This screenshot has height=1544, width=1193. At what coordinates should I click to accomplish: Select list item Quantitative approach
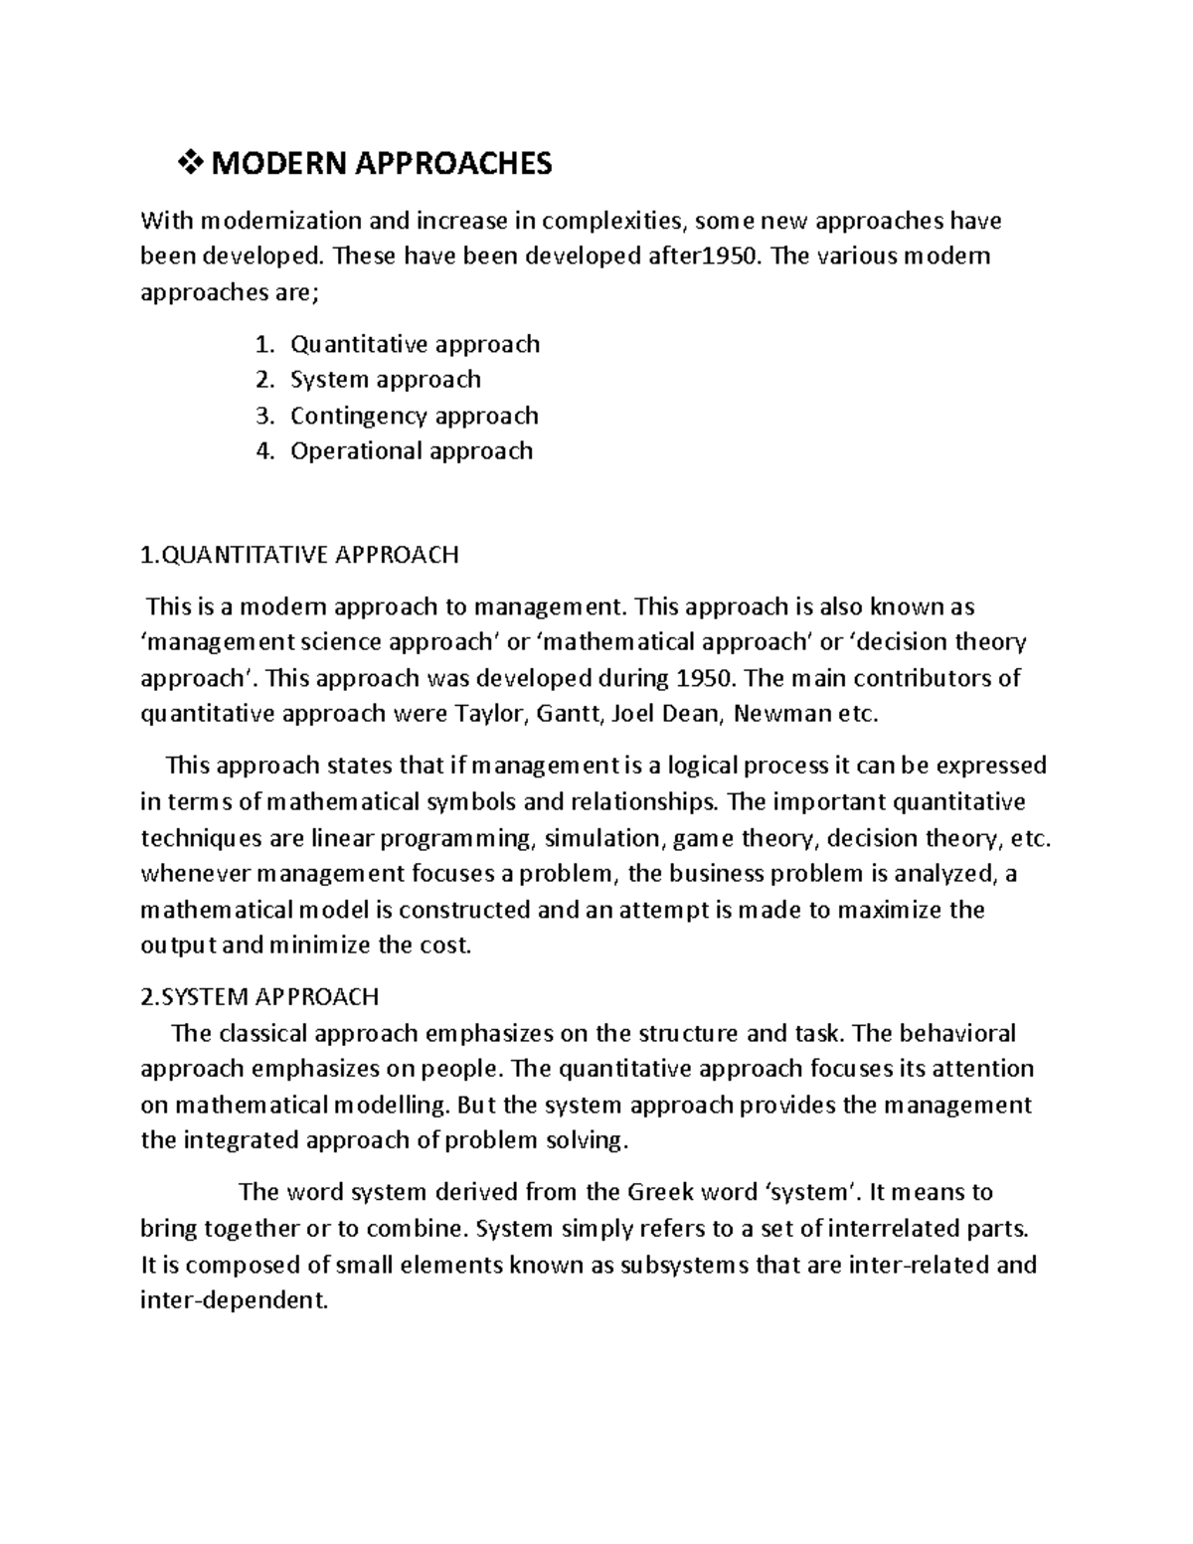pos(415,344)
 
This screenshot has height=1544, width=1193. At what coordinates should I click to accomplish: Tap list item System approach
pos(385,379)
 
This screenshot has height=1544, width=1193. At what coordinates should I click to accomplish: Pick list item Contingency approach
pos(414,415)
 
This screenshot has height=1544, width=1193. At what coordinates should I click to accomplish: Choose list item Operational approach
pos(411,450)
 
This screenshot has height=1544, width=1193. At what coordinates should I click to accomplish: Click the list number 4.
pos(262,450)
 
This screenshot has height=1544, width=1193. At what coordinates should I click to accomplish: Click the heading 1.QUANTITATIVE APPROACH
pos(299,554)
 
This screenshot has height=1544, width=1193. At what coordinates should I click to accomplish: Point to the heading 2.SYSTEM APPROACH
pos(259,996)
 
